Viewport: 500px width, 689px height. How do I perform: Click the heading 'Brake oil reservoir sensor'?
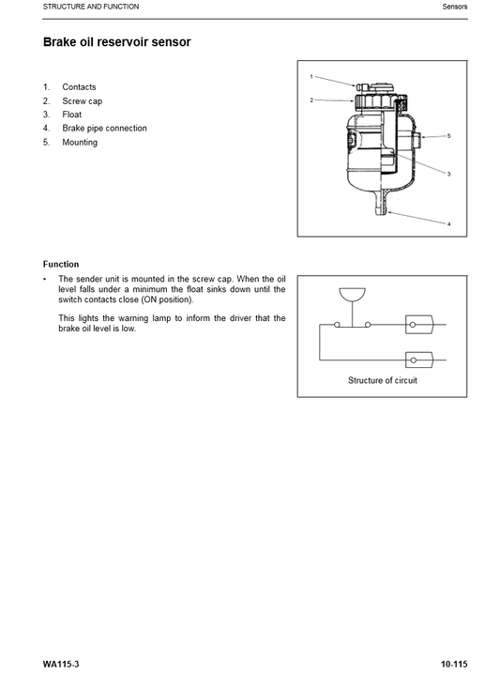pos(117,42)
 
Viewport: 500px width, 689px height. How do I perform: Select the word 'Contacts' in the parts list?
pos(79,87)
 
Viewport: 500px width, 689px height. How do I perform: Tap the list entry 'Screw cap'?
pos(83,101)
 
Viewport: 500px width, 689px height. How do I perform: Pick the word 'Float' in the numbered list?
pos(72,115)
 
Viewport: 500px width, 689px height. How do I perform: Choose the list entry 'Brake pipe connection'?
pos(104,129)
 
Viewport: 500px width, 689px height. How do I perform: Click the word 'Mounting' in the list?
pos(80,143)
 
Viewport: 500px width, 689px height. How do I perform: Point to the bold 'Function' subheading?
pos(61,264)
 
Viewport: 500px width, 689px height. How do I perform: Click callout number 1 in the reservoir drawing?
pos(311,76)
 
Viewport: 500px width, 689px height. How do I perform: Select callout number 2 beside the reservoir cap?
pos(311,100)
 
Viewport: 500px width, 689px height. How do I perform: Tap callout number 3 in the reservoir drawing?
pos(448,174)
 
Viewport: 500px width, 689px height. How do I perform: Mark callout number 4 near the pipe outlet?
pos(448,224)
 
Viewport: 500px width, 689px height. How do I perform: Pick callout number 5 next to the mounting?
pos(448,136)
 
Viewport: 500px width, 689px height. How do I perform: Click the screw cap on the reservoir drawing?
pos(374,100)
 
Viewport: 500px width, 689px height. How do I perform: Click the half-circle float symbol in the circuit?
pos(352,294)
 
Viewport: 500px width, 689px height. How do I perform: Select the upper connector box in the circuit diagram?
pos(419,325)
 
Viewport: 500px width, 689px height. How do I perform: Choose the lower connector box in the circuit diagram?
pos(419,360)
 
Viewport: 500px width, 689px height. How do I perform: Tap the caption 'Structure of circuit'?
pos(383,380)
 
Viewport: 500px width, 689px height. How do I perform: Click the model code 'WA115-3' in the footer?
pos(61,664)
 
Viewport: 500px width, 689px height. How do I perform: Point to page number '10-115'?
pos(454,664)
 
